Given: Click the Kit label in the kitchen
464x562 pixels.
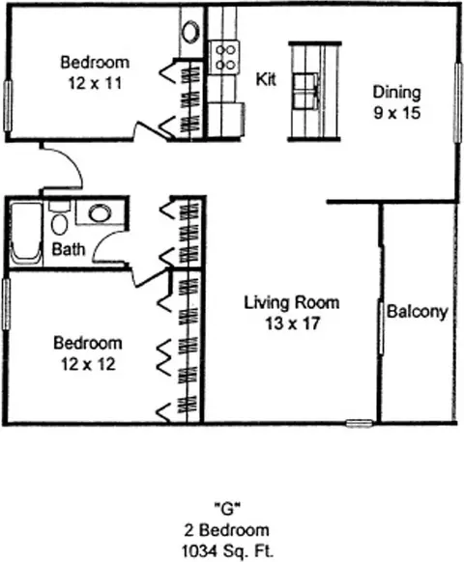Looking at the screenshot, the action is click(266, 79).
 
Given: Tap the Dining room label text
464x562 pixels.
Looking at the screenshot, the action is click(396, 93).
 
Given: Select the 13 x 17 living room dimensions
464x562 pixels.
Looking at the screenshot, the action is click(292, 323).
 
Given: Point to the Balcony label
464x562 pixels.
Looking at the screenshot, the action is click(418, 312).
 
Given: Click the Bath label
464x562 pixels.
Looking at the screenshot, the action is click(69, 249).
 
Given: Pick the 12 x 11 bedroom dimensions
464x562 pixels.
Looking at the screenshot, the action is click(95, 83).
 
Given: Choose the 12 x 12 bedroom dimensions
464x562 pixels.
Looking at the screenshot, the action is click(88, 364).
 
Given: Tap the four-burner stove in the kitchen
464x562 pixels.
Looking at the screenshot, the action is click(224, 57).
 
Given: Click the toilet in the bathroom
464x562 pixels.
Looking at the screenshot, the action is click(59, 218).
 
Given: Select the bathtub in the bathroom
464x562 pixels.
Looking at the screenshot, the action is click(25, 234).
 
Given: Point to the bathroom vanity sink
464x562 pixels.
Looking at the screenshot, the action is click(101, 212).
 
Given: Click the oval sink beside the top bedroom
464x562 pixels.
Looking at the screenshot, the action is click(190, 32).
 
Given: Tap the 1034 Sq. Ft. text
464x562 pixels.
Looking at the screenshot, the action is click(227, 550).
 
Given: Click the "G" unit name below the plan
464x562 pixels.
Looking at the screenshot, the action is click(227, 509).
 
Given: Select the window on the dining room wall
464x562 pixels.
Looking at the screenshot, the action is click(457, 103).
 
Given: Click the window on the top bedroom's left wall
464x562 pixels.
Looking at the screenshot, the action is click(8, 106).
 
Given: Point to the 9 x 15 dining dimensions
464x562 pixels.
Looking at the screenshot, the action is click(397, 113).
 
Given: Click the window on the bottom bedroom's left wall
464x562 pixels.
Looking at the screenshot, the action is click(6, 304).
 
